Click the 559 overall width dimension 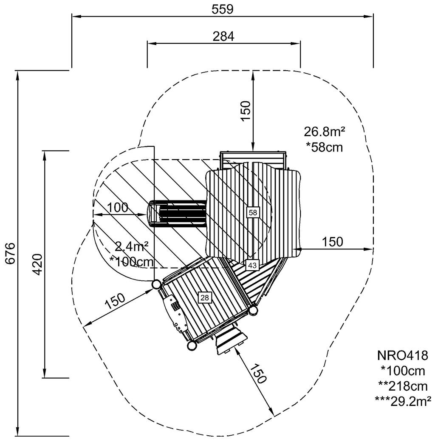[x=223, y=9]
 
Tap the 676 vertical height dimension [x=10, y=254]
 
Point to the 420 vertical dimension [x=37, y=264]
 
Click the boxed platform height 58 [x=253, y=212]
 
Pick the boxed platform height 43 [x=252, y=265]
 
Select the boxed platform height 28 [x=205, y=297]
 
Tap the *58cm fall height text [x=324, y=147]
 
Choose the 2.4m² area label [x=132, y=246]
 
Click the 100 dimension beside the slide [x=117, y=208]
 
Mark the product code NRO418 [x=400, y=355]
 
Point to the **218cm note [x=401, y=386]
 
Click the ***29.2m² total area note [x=403, y=400]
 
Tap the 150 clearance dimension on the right [x=332, y=242]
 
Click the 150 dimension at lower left [x=115, y=301]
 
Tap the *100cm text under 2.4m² [x=132, y=261]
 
